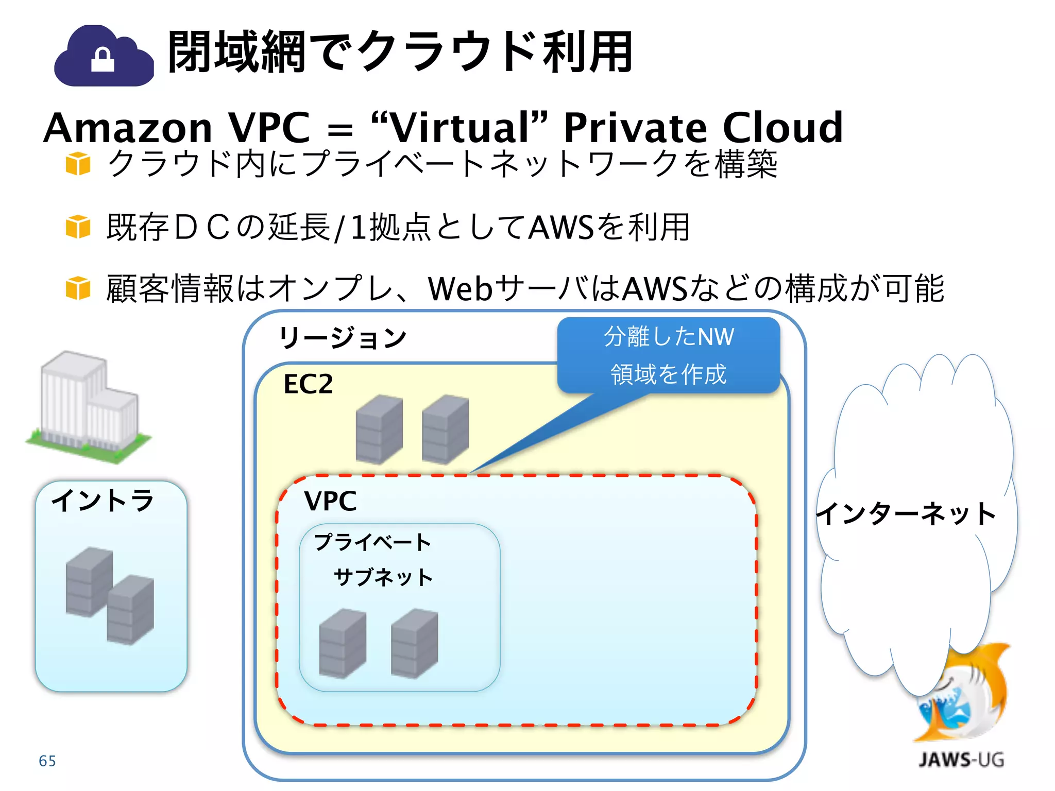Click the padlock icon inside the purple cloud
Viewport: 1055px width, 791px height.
click(x=103, y=60)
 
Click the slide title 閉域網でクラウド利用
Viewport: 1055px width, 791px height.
click(x=400, y=52)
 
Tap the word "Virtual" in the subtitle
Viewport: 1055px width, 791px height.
click(x=459, y=127)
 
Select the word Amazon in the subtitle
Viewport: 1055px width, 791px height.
click(x=128, y=128)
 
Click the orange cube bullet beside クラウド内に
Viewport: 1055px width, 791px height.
click(x=78, y=164)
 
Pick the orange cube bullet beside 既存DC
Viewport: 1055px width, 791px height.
click(x=78, y=227)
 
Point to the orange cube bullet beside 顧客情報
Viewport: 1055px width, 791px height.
click(x=78, y=288)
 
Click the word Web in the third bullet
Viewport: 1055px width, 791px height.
click(x=460, y=288)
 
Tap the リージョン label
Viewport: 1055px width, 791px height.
click(x=343, y=338)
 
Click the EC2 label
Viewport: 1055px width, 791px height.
click(x=308, y=384)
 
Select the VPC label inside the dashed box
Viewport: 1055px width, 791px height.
click(x=330, y=501)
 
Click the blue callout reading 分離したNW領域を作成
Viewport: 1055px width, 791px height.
click(x=668, y=355)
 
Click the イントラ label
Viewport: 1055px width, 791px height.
click(x=103, y=500)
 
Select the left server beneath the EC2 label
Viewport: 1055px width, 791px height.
click(x=379, y=428)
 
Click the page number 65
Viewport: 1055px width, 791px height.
click(x=47, y=761)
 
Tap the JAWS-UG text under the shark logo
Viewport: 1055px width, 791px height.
click(x=961, y=760)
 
